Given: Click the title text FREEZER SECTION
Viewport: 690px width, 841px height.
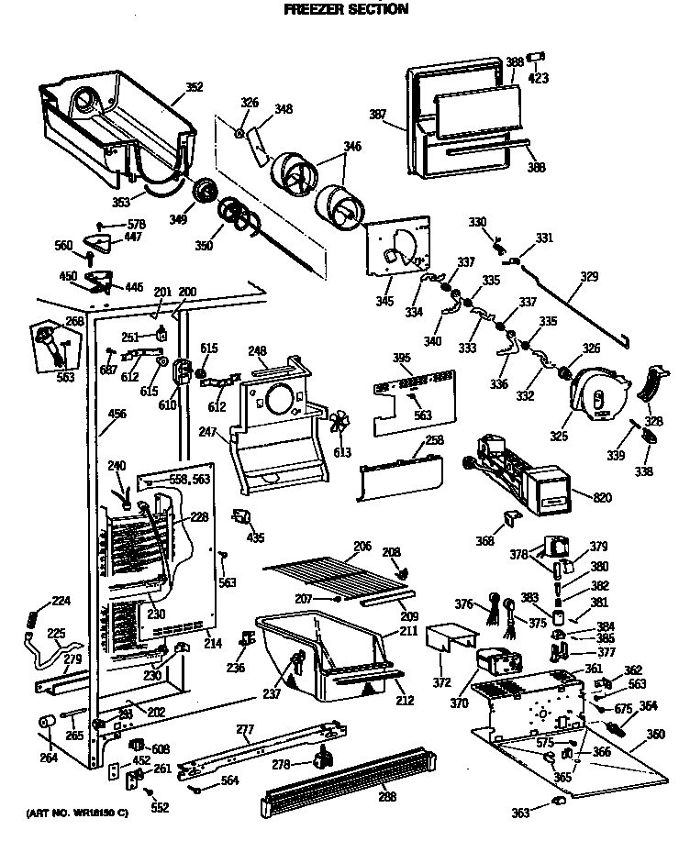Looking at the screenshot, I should point(345,9).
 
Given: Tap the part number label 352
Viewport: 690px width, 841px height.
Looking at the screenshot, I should point(194,88).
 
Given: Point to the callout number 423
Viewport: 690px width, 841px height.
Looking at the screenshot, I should point(539,78).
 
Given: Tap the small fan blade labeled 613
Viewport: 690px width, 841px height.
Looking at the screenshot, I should point(340,426).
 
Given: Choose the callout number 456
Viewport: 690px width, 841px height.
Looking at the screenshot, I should point(117,414).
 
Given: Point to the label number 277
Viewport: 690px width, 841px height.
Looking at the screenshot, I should point(244,729).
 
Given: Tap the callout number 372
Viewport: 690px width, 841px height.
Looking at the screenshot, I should point(442,683).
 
